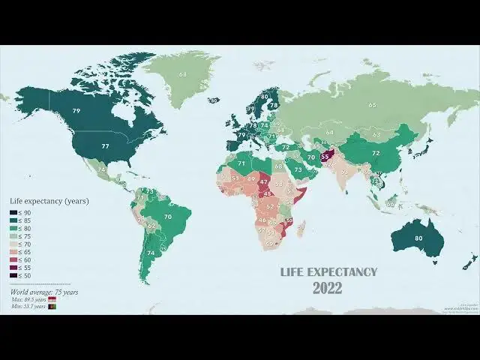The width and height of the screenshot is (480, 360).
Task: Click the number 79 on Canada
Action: [x=76, y=111]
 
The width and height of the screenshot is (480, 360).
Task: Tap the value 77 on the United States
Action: [x=106, y=146]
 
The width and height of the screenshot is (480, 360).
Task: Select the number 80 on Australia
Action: [x=418, y=238]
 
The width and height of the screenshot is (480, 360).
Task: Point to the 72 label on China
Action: [x=376, y=153]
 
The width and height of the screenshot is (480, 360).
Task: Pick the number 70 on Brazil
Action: [x=168, y=217]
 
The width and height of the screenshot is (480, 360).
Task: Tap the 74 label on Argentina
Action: [x=151, y=253]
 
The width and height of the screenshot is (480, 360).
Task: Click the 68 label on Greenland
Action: [x=182, y=74]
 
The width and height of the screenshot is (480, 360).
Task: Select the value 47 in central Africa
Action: [x=263, y=181]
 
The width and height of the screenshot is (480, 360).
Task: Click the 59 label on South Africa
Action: [x=268, y=244]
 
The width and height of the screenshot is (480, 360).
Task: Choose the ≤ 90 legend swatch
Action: [x=13, y=212]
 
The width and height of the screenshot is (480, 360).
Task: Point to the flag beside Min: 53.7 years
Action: [x=52, y=307]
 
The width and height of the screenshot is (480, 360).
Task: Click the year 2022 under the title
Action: [x=327, y=288]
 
